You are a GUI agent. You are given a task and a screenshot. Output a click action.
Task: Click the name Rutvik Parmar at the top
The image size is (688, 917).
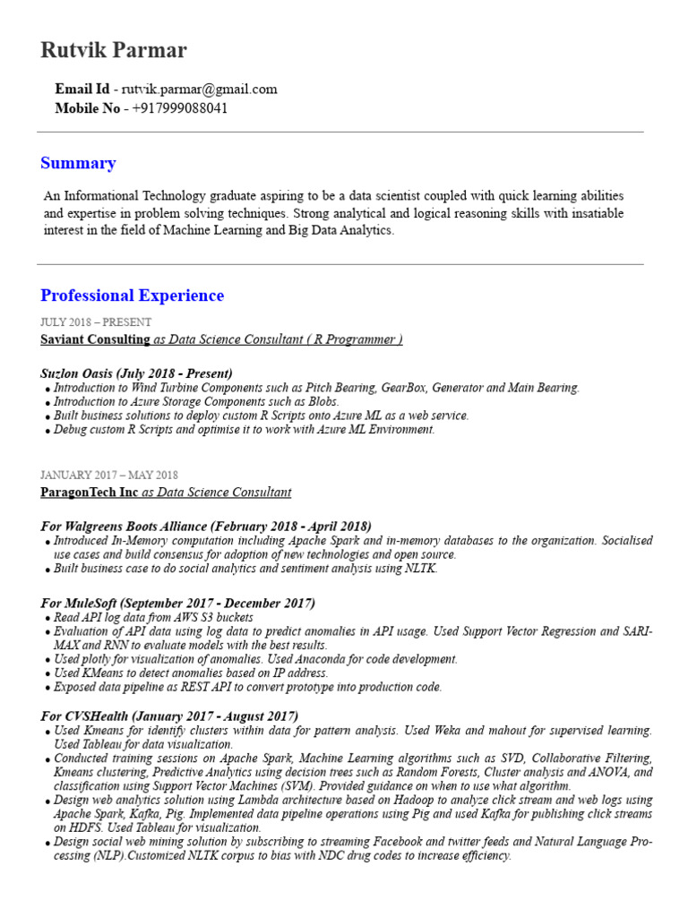point(114,50)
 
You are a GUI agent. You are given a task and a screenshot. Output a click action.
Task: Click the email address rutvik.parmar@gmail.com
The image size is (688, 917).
point(199,90)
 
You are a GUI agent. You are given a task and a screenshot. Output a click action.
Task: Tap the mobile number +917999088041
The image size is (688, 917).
point(180,108)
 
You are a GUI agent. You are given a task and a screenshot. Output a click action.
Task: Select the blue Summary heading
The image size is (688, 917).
point(78,163)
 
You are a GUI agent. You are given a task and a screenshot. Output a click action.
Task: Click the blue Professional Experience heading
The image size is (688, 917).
point(132,296)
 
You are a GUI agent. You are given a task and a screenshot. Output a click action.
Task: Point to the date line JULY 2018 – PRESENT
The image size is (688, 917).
point(96,321)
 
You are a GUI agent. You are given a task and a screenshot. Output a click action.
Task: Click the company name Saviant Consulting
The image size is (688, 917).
point(95,339)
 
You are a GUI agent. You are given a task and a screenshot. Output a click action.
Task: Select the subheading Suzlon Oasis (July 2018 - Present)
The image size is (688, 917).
point(136,373)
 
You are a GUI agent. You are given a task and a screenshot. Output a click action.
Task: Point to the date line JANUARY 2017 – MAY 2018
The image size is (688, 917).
point(109,475)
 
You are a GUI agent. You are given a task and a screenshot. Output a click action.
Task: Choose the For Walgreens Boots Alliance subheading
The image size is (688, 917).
point(206,526)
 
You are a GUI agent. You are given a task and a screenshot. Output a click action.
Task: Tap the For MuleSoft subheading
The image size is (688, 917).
point(177,603)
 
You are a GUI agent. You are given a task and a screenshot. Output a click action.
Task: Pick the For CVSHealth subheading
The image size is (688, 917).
point(169,716)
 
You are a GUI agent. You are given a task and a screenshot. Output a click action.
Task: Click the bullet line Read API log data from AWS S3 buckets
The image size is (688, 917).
point(153,618)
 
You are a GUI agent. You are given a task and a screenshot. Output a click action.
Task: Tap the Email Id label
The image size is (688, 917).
point(82,90)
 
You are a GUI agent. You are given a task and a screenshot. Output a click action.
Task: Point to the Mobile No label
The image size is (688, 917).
point(87,108)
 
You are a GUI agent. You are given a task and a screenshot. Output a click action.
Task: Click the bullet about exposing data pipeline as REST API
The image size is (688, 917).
point(247,687)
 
